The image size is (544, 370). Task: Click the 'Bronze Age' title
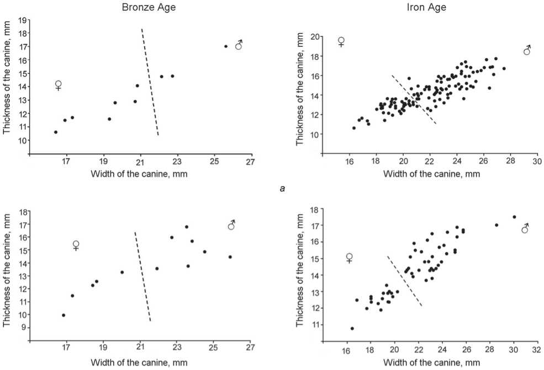140,8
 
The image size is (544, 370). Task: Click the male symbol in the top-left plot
239,45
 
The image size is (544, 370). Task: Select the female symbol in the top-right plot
341,41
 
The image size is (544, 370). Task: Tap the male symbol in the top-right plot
527,50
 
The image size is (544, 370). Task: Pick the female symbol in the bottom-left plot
76,245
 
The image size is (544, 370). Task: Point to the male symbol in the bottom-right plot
525,228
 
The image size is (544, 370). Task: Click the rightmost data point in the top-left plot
226,46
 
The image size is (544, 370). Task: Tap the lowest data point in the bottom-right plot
352,328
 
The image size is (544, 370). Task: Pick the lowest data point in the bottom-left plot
64,315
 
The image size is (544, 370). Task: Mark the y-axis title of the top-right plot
300,88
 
